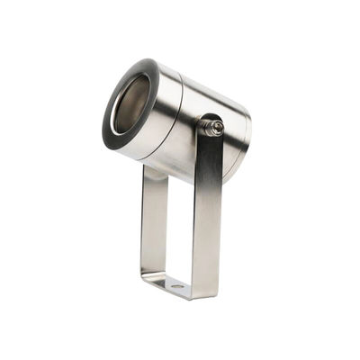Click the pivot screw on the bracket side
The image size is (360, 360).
coord(214,128)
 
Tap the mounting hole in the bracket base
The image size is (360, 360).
coord(176,286)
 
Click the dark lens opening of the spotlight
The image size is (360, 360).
coord(131,103)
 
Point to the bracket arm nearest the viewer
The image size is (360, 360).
coord(207,216)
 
